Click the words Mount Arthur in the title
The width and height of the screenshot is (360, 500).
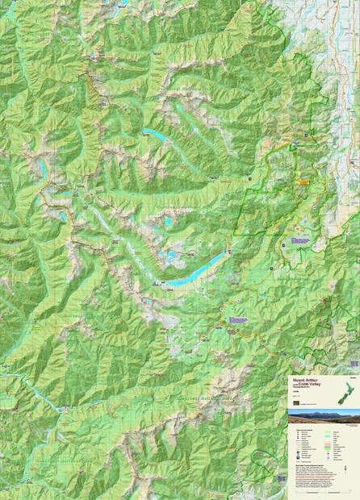pos(303,379)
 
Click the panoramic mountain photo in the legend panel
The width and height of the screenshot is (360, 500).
pos(324,416)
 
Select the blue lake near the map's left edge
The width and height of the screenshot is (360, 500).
pos(40,168)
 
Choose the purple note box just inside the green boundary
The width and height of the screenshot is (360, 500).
pos(300,240)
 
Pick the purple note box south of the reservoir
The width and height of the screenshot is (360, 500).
pos(237,320)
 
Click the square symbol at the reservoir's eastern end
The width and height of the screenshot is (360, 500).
pos(228,253)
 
